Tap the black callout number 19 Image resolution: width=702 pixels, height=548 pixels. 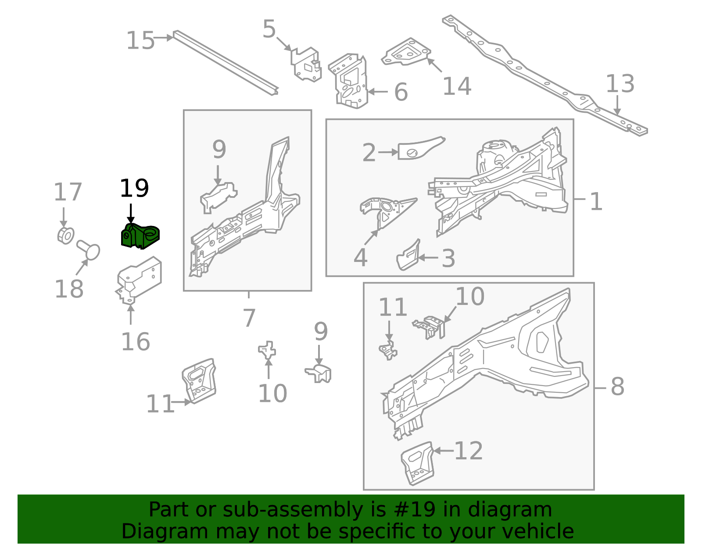click(x=134, y=189)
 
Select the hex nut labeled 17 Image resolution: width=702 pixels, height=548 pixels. click(x=65, y=236)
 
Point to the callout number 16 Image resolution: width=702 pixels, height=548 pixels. click(x=136, y=342)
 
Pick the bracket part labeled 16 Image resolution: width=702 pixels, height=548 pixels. click(x=140, y=279)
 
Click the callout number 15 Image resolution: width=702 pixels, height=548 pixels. click(x=140, y=41)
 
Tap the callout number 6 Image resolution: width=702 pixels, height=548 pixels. click(x=401, y=92)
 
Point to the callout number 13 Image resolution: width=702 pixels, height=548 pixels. click(x=620, y=84)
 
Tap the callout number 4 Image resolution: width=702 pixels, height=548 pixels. click(x=360, y=258)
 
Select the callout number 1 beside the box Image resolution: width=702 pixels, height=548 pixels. click(x=596, y=202)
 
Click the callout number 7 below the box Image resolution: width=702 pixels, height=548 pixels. click(x=249, y=318)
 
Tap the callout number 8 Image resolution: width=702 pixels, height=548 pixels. click(x=617, y=387)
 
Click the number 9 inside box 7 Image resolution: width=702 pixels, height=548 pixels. click(x=219, y=150)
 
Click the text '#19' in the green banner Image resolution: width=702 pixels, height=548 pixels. click(x=412, y=510)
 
